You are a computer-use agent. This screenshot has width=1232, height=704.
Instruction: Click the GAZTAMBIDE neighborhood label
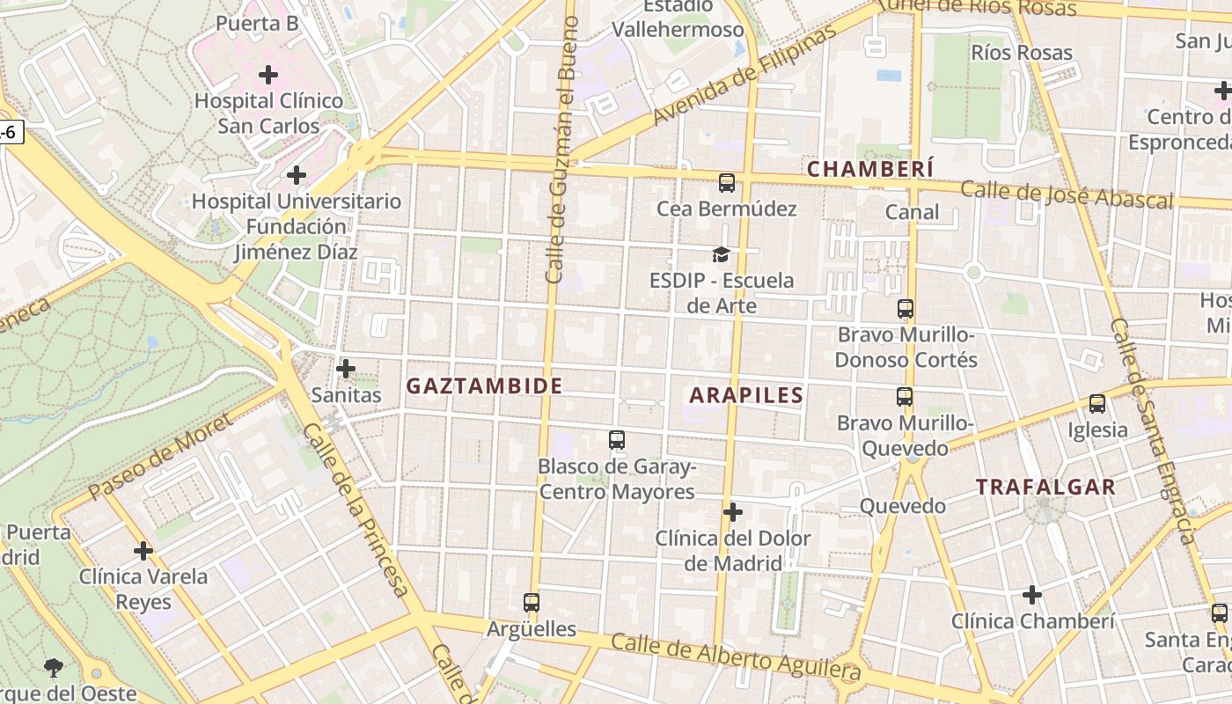coord(484,385)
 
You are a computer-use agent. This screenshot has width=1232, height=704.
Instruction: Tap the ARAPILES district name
coord(746,395)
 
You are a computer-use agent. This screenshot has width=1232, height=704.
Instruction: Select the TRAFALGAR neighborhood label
coord(1045,487)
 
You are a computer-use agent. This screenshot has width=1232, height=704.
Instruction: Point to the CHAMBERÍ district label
coord(870,169)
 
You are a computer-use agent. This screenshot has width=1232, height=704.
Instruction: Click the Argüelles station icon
coord(531,603)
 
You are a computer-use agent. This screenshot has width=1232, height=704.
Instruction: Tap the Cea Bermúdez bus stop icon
coord(726,183)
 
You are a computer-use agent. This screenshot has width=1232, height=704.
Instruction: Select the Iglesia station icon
coord(1096,404)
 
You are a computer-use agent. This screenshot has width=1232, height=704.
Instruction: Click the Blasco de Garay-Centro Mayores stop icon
coord(616,440)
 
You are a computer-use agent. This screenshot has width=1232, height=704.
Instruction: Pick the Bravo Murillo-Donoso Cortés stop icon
coord(905,309)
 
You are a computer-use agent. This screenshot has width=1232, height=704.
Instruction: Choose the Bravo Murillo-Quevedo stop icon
coord(904,397)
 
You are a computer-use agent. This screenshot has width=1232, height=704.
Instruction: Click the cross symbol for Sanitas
coord(346,368)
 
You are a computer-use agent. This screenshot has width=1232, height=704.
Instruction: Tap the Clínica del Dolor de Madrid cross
coord(732,512)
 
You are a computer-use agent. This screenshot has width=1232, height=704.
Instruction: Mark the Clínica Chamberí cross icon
coord(1031,595)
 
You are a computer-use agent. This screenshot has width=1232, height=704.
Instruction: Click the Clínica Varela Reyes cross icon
coord(143,552)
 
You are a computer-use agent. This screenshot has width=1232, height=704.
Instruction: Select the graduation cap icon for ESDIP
coord(721,255)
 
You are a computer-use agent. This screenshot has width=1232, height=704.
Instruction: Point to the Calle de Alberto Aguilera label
coord(735,656)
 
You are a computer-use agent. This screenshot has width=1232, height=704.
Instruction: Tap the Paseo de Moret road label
coord(160,456)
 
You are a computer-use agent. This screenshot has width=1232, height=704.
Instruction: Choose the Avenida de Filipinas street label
coord(744,77)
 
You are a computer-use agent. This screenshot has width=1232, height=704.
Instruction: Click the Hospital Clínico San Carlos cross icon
coord(268,75)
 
